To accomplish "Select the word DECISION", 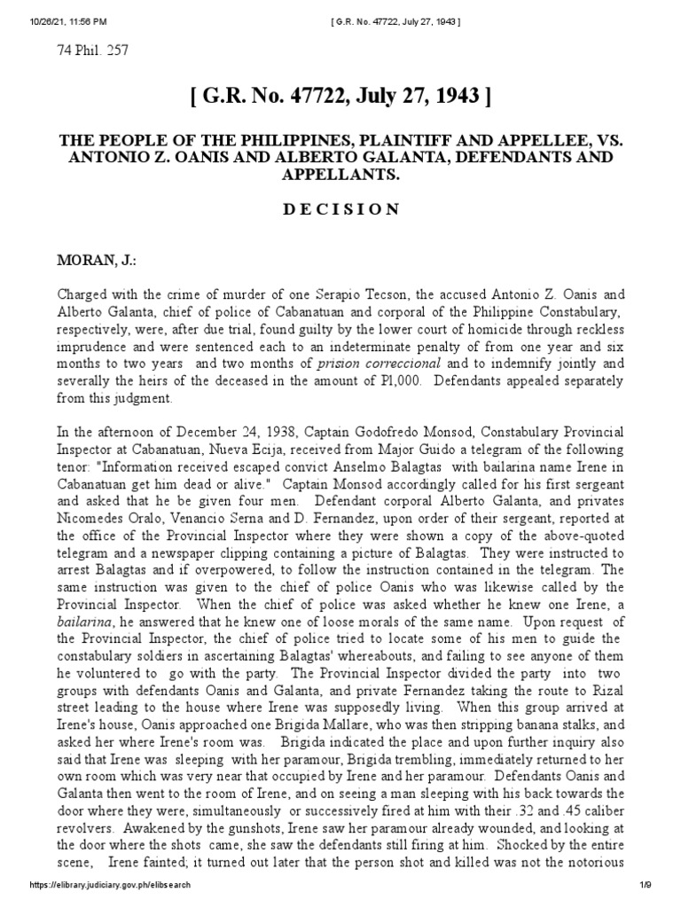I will (340, 209).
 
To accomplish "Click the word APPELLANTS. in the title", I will (340, 174).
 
